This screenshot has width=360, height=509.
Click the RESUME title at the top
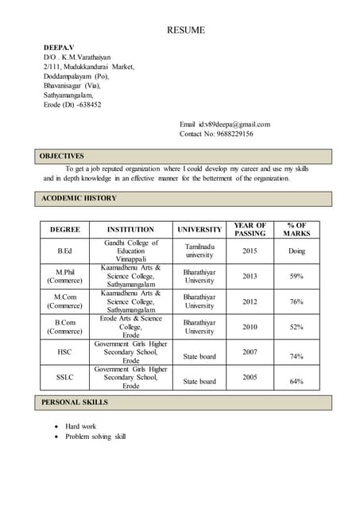(185, 30)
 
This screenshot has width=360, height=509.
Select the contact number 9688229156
(230, 134)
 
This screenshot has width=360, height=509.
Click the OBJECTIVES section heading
(62, 156)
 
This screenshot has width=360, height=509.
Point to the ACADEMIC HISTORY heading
(79, 197)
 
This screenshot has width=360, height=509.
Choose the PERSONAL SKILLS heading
(75, 402)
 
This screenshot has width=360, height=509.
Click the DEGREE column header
(65, 229)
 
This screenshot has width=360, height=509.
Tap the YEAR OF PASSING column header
(250, 229)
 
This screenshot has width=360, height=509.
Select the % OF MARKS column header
(296, 229)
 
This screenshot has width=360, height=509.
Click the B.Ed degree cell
(65, 251)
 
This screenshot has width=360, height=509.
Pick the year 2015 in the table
(250, 251)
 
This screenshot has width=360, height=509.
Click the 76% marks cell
(296, 301)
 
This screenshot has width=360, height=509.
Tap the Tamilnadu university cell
(199, 251)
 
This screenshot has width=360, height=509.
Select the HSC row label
(65, 352)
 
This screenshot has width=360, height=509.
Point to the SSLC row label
(65, 377)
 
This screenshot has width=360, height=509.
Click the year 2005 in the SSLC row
(250, 377)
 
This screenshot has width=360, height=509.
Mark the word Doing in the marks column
(296, 251)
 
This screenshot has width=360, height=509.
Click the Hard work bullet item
(80, 426)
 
